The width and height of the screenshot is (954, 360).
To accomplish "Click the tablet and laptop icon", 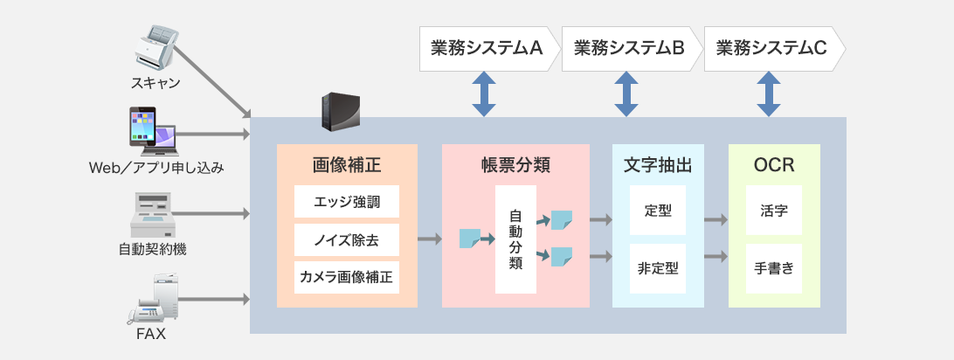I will pyautogui.click(x=152, y=131).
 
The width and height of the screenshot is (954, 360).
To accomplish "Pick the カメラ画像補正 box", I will pyautogui.click(x=347, y=279).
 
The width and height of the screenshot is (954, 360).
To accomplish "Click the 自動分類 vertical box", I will pyautogui.click(x=515, y=239).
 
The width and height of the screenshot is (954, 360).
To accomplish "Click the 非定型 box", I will pyautogui.click(x=658, y=269).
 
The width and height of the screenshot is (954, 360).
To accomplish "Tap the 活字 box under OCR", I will pyautogui.click(x=774, y=211).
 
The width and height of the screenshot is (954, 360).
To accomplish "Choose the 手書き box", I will pyautogui.click(x=774, y=269).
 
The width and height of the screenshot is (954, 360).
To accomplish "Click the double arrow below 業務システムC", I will pyautogui.click(x=769, y=94).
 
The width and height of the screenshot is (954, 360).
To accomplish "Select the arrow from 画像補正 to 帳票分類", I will pyautogui.click(x=429, y=237).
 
